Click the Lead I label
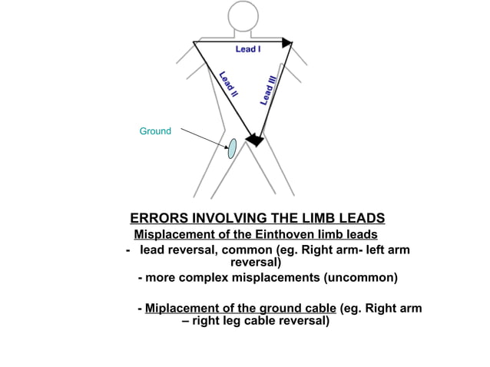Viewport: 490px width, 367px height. click(x=247, y=49)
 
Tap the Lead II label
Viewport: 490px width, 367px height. click(x=228, y=85)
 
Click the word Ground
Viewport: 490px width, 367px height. click(x=155, y=132)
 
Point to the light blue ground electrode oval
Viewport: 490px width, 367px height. click(x=231, y=147)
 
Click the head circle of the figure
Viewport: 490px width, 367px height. click(x=242, y=16)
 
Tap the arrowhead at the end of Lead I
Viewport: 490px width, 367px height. click(x=286, y=43)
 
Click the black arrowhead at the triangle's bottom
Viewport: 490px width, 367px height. click(x=253, y=139)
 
